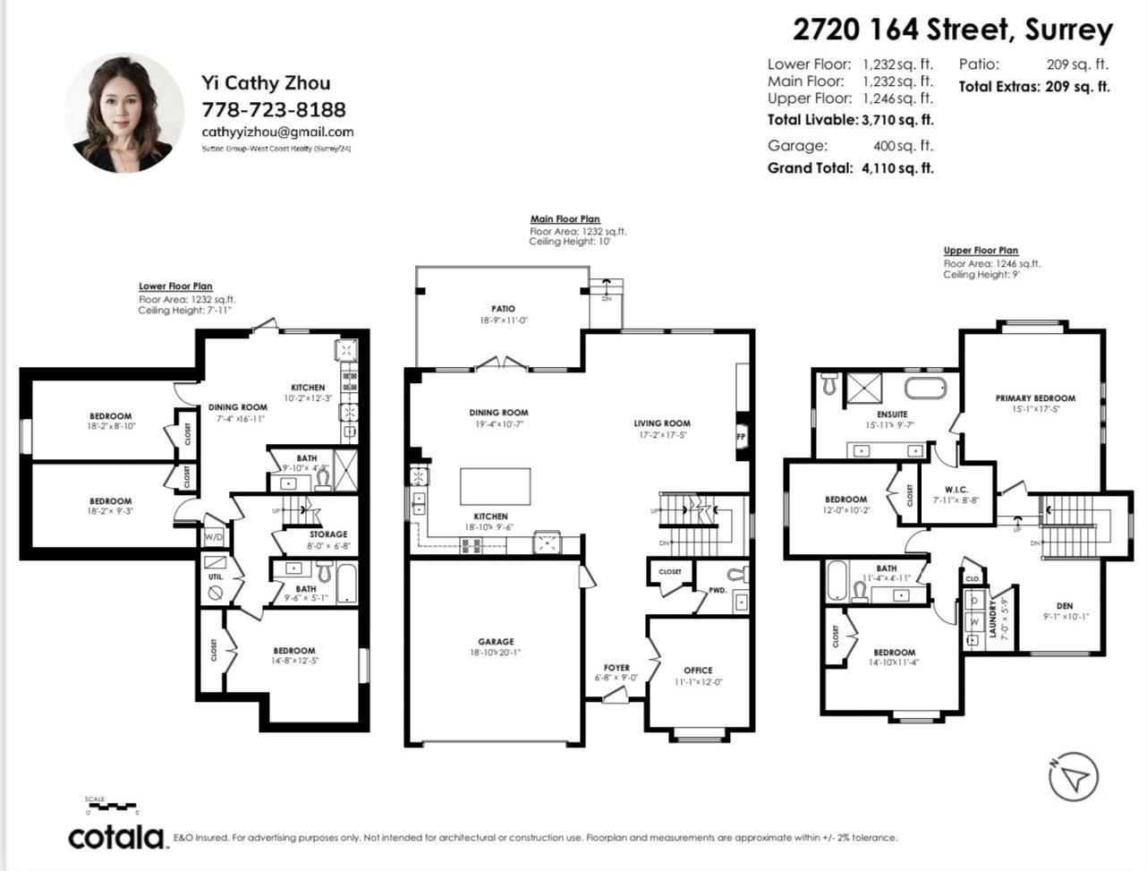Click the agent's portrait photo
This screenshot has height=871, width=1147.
124,113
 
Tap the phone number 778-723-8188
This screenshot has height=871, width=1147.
274,109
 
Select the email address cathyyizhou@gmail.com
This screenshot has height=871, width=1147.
277,132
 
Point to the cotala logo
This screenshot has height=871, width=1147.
116,837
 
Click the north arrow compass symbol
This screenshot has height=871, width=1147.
1073,776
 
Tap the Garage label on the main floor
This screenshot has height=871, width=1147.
496,642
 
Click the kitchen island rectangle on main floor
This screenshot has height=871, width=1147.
495,487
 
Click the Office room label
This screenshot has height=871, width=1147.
698,670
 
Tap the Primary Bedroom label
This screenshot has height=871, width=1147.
1035,398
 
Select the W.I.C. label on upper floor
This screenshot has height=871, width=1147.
956,490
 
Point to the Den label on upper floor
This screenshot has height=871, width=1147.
1064,606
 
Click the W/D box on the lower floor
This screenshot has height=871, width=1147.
214,537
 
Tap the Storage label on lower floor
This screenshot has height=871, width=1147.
328,534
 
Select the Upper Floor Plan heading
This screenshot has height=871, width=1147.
981,251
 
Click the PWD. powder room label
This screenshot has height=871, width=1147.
718,590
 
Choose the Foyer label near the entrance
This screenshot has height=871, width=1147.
616,668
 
